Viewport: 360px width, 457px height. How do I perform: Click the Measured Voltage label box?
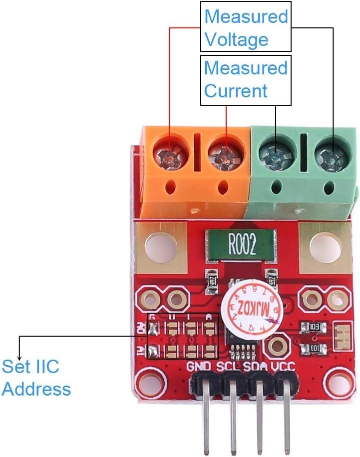tap(245, 27)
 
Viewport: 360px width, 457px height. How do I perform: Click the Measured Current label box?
tap(245, 79)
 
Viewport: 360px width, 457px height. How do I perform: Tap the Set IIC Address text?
tap(36, 378)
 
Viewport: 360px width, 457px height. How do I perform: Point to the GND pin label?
tap(200, 368)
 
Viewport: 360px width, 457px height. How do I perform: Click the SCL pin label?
tap(229, 368)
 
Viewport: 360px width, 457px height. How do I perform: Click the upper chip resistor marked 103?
tap(315, 328)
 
